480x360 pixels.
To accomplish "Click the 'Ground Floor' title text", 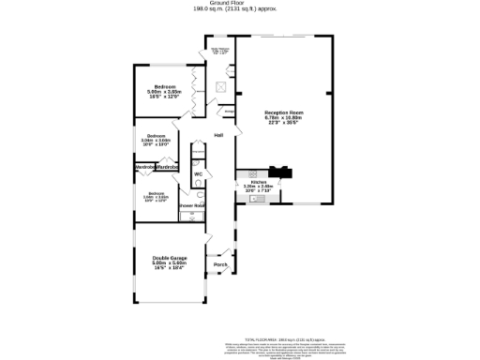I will (239, 3).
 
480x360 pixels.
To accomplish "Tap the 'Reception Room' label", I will (283, 112).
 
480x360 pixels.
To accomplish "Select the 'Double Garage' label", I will (171, 258).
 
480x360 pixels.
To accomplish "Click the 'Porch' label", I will (220, 264).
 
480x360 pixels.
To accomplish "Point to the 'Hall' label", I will (218, 136).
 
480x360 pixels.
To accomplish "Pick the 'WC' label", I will (198, 174).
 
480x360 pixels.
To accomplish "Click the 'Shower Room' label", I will (192, 204).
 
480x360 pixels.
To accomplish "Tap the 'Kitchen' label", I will (258, 182).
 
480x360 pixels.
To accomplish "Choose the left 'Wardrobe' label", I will (146, 167).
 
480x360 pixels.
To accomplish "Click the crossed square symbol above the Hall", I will (220, 88).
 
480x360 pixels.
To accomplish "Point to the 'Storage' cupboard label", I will (229, 111).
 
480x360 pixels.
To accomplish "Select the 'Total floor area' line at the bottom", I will (283, 338).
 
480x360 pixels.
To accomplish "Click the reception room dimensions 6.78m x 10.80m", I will (283, 117).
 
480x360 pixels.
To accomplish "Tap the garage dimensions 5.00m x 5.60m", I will (171, 263).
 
